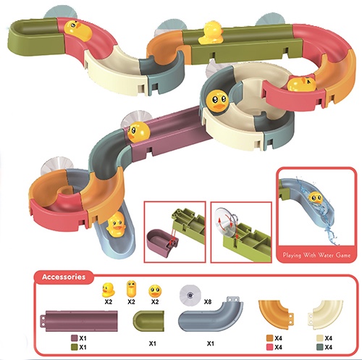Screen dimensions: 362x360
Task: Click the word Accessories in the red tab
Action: click(x=64, y=277)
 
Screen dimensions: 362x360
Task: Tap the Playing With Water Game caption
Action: click(x=316, y=255)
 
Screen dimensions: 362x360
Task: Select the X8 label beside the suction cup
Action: click(x=208, y=302)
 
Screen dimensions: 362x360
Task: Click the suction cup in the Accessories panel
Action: click(x=190, y=295)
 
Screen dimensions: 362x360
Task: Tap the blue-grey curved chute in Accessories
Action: click(x=211, y=314)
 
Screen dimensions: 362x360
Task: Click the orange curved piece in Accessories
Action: click(x=274, y=313)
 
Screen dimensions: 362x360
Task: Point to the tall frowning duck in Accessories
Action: click(x=131, y=289)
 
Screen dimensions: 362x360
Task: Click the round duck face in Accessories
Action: click(x=155, y=291)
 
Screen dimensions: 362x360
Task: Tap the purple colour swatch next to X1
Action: click(x=75, y=338)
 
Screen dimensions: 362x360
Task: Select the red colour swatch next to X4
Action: click(x=269, y=347)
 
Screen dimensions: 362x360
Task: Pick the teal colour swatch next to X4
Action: click(x=320, y=347)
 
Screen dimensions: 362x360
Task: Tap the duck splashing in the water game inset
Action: click(x=316, y=198)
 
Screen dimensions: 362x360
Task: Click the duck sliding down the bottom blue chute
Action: click(x=116, y=224)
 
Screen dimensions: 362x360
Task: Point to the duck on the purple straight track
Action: click(x=138, y=132)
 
